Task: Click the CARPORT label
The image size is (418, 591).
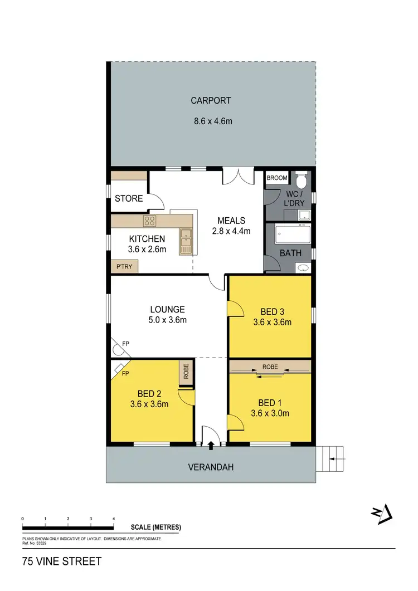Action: tap(211, 101)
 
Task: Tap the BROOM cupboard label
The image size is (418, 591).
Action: tap(277, 178)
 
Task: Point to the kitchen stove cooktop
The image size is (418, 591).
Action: tap(149, 221)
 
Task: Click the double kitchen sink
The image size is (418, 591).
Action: tap(186, 241)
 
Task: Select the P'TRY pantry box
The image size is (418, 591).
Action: tap(124, 267)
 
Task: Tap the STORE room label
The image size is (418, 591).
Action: tap(129, 198)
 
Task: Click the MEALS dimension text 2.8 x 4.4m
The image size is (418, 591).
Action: tap(231, 231)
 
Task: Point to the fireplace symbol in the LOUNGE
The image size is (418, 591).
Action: tap(118, 349)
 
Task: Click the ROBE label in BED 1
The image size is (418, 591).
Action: tap(270, 368)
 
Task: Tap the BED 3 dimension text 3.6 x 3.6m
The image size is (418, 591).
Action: tap(272, 322)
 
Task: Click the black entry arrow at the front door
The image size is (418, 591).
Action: tap(211, 445)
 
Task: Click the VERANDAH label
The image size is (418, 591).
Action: tap(211, 467)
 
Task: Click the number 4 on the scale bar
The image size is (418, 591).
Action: tap(114, 519)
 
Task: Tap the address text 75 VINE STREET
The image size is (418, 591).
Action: tap(62, 561)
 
